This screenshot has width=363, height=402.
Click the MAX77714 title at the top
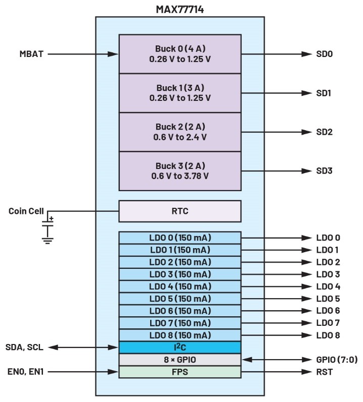(x=179, y=9)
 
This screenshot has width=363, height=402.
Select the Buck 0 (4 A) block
(x=179, y=53)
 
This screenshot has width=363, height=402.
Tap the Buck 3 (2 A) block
(x=179, y=171)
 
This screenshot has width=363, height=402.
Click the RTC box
(x=179, y=211)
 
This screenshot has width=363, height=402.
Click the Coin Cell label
(x=26, y=211)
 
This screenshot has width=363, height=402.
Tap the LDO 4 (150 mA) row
(x=179, y=286)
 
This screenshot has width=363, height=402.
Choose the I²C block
(x=179, y=347)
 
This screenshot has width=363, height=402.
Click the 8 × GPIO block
(x=179, y=360)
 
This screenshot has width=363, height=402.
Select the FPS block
(x=179, y=372)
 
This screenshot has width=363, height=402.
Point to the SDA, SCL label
(x=25, y=347)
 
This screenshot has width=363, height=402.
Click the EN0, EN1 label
(x=25, y=372)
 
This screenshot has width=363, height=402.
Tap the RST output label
(x=324, y=372)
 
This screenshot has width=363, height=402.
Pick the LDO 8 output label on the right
(x=328, y=335)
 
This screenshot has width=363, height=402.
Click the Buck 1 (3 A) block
(x=179, y=93)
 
